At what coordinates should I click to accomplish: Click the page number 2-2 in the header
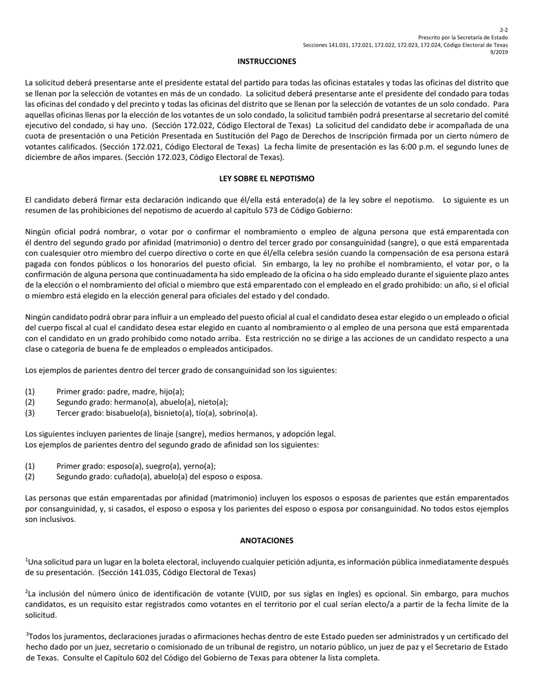click(504, 30)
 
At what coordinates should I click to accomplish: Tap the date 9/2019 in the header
click(499, 52)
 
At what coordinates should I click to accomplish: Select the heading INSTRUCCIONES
click(266, 61)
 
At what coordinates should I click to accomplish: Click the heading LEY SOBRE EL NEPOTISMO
click(266, 179)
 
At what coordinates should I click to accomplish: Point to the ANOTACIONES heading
click(266, 540)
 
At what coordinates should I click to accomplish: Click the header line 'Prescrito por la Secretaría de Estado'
click(463, 37)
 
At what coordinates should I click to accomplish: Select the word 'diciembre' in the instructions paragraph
click(42, 157)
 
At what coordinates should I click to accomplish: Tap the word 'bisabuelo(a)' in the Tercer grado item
click(136, 413)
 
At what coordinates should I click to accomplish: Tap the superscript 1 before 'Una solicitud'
click(26, 560)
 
